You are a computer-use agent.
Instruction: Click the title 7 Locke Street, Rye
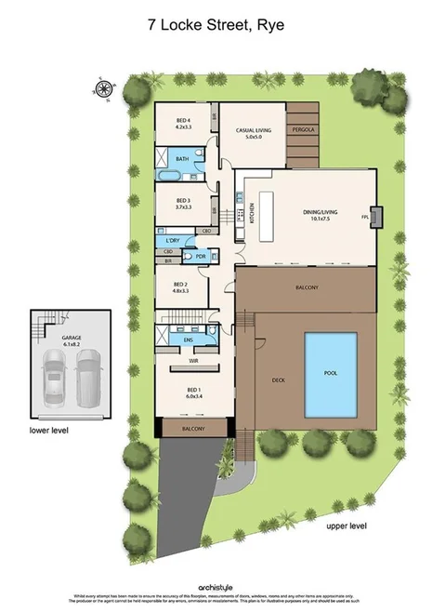216,27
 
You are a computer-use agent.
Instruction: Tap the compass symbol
102,90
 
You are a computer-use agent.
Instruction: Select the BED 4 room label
183,120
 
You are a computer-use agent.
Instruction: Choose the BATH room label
182,159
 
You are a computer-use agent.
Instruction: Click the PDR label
200,257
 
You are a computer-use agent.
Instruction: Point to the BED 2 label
180,286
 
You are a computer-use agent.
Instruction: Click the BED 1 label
193,392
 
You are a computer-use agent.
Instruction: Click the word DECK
277,379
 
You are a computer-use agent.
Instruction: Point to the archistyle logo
216,587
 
